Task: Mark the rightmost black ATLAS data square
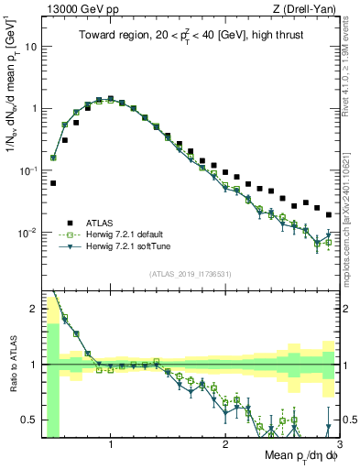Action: (x=329, y=214)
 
